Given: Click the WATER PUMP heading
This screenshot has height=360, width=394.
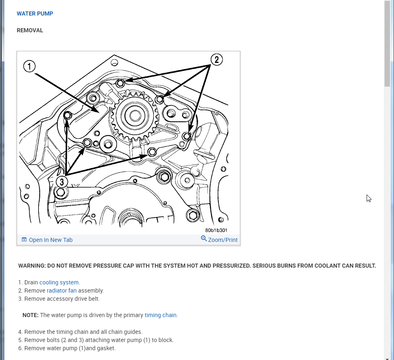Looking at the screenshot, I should pos(35,13).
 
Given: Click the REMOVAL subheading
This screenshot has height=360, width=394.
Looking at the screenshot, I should pos(30,30).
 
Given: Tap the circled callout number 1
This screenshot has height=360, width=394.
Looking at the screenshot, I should pos(29,66).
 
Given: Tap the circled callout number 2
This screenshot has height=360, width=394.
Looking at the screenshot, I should pos(216,60).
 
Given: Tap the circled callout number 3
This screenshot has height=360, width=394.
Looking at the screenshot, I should pos(61,181).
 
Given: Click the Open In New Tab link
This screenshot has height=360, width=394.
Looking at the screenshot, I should pos(50,240).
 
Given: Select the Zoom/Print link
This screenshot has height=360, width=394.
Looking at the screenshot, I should pos(223,240).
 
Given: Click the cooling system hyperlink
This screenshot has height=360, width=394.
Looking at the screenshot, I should pos(59,282).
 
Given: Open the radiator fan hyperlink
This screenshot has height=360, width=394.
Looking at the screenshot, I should pos(61,291).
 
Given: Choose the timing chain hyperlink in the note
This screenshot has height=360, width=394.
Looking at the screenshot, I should pos(161,315).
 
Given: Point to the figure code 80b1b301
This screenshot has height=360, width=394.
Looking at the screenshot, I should pos(216,230).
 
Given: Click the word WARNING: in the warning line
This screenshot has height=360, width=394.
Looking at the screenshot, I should pos(32,266).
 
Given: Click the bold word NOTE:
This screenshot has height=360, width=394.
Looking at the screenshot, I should pos(30,315).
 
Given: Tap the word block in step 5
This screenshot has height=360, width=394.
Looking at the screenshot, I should pos(166,340).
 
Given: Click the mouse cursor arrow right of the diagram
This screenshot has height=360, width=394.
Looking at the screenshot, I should pos(369,198).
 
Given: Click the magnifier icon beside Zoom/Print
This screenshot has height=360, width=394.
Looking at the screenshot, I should pos(204,239).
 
